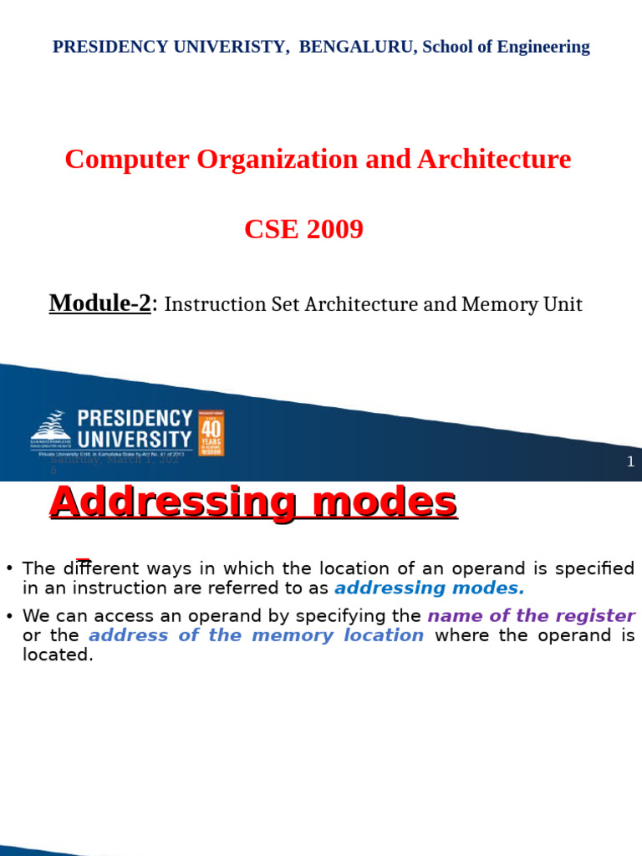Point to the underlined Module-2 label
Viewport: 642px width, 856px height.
(x=100, y=303)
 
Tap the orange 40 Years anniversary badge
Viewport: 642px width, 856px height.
(x=211, y=432)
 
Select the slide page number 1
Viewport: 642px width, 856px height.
(x=630, y=461)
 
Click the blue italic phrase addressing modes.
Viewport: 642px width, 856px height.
(x=429, y=588)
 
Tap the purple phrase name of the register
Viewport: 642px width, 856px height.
(x=531, y=616)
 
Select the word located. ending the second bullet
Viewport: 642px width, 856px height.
(x=58, y=655)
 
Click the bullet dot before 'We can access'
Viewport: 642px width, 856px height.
(x=9, y=616)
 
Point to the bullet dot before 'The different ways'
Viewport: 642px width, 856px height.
(x=9, y=568)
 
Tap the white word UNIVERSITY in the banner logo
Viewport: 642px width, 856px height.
(x=135, y=438)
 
